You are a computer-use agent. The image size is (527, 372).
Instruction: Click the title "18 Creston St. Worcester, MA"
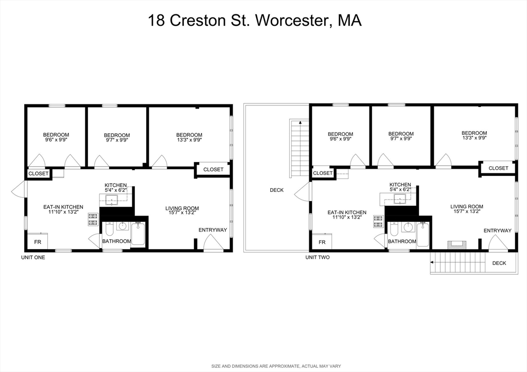pos(255,21)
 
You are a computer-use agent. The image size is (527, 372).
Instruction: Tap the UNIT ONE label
pos(33,257)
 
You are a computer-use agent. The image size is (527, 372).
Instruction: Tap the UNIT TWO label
pos(318,257)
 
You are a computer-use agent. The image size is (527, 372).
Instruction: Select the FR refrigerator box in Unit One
pos(38,241)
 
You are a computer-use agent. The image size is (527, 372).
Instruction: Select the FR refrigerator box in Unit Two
pos(322,241)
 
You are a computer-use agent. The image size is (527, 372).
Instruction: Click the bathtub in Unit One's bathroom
pos(139,234)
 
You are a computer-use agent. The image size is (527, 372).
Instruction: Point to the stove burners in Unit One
pos(93,220)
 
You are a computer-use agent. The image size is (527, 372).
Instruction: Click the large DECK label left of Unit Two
pos(276,190)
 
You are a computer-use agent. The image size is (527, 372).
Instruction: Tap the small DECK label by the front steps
pos(499,263)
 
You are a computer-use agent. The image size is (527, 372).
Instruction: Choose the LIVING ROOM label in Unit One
pos(182,208)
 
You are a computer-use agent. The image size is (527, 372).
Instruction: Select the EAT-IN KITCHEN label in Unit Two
pos(347,212)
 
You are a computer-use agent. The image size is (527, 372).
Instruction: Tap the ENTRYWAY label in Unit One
pos(213,229)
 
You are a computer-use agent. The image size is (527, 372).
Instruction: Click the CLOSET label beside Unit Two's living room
pos(498,168)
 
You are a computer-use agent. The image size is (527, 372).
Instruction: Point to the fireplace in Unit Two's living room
pos(455,244)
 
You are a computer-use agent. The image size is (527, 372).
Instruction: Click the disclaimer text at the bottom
pos(276,366)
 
